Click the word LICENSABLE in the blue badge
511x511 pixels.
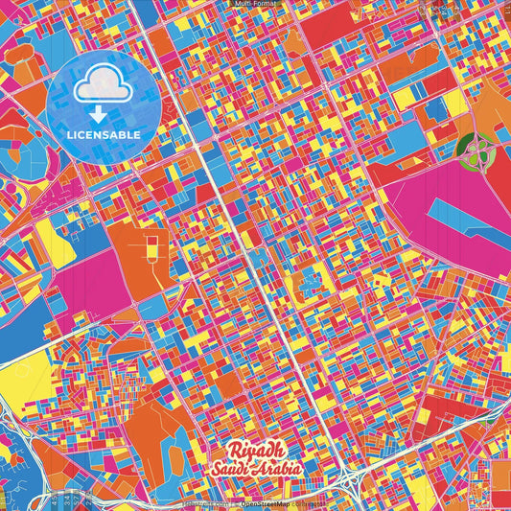[104, 135]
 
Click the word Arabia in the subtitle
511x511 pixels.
[279, 469]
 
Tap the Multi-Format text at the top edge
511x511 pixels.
[255, 4]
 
